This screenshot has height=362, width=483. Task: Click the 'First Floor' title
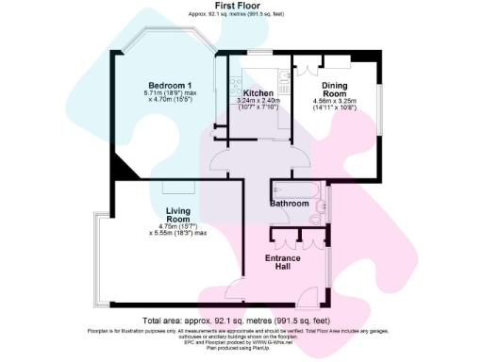point(241,7)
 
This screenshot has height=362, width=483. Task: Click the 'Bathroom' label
point(290,203)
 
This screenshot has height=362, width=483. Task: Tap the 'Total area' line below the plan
point(241,321)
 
